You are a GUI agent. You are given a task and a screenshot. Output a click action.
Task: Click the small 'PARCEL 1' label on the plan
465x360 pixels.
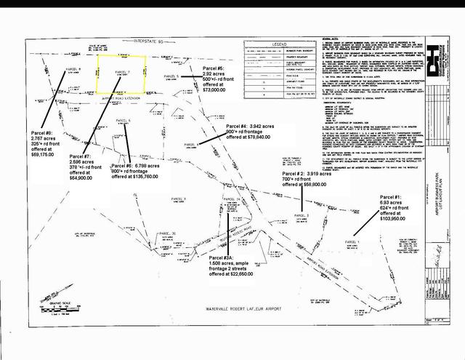click(x=353, y=241)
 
